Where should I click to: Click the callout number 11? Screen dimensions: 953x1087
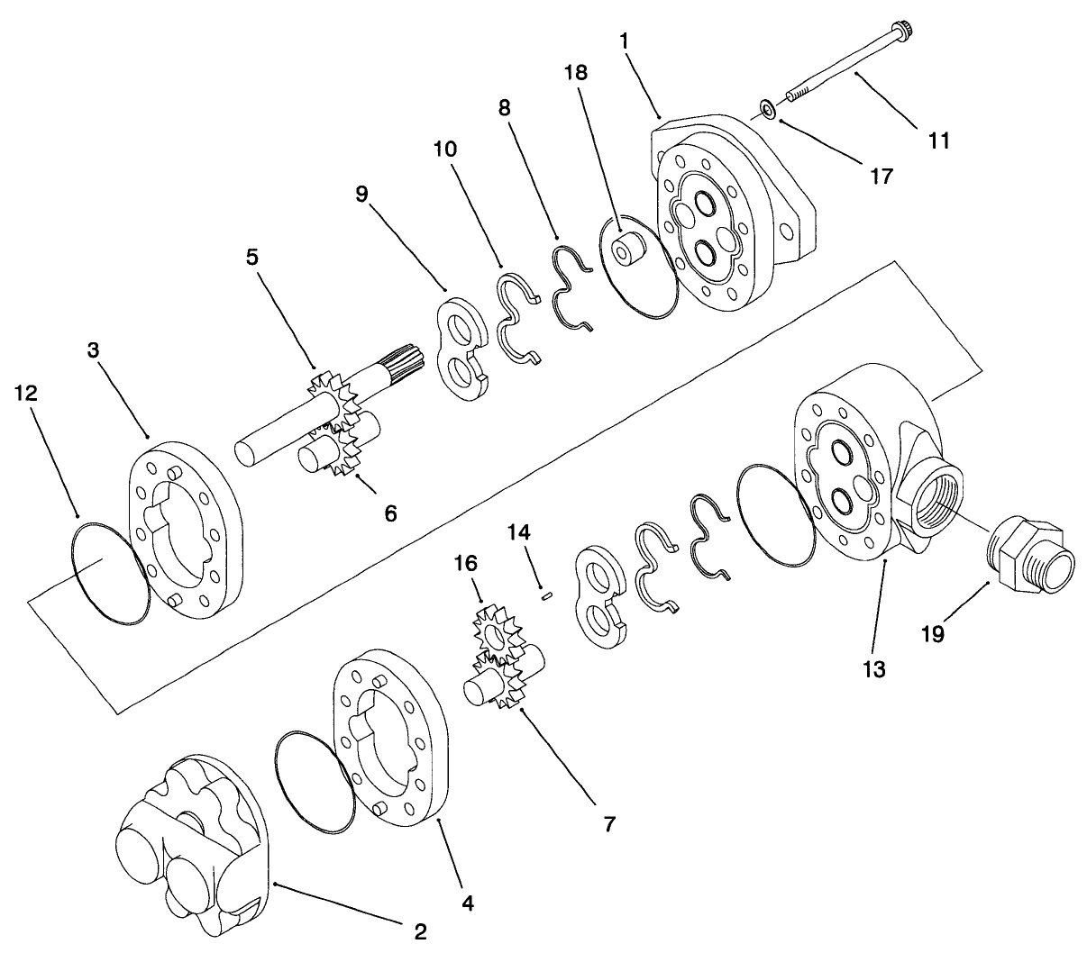tap(938, 141)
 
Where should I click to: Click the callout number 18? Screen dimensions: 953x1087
tap(576, 72)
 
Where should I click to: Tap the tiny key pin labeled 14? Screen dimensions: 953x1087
tap(544, 594)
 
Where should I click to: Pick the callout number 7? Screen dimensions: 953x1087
tap(609, 823)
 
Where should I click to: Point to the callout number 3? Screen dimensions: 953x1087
tap(94, 350)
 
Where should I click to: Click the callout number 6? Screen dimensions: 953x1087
tap(389, 513)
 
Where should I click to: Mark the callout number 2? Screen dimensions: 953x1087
tap(419, 930)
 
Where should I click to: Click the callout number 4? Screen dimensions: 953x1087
tap(466, 901)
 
